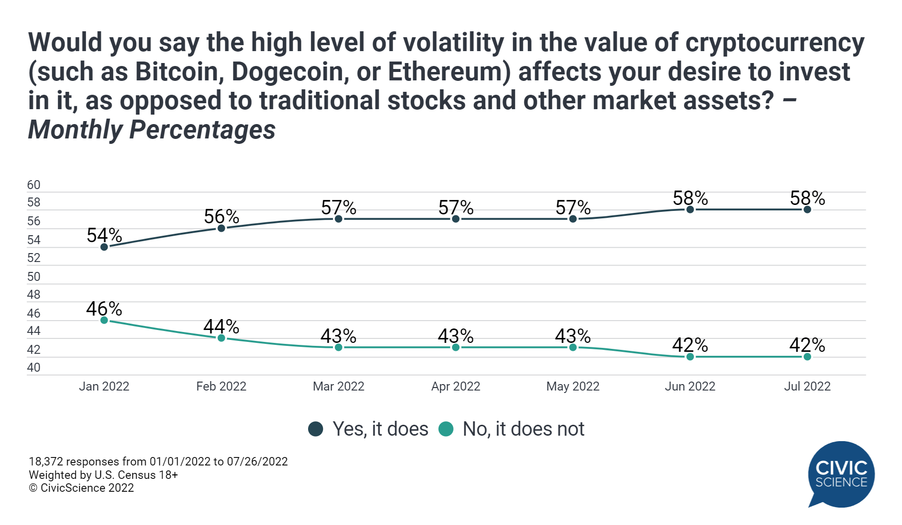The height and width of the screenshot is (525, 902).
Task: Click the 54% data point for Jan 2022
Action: (104, 247)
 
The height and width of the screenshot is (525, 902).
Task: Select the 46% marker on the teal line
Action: (104, 320)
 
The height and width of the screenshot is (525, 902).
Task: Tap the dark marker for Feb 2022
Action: (221, 228)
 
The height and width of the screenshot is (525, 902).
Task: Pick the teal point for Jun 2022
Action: (690, 357)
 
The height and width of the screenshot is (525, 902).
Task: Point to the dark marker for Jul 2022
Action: (807, 209)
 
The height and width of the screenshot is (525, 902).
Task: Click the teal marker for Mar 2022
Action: (338, 347)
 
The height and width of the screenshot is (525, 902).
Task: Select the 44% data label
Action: (221, 327)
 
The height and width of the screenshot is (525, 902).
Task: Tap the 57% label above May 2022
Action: (573, 207)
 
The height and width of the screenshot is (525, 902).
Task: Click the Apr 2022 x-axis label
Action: (455, 386)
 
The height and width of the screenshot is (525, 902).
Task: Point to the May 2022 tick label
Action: (573, 386)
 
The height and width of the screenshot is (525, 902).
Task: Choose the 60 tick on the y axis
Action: (34, 185)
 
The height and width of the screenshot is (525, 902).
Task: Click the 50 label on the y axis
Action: (34, 276)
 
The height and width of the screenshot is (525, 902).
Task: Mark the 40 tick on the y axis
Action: (34, 368)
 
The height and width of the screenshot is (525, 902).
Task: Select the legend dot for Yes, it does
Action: (316, 429)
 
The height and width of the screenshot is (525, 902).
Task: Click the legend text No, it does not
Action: (523, 429)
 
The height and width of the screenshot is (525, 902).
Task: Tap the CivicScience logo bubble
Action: (841, 474)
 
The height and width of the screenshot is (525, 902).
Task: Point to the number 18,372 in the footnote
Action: (46, 461)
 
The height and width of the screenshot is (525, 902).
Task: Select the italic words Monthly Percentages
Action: (152, 130)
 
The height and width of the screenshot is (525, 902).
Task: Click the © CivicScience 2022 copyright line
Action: (81, 488)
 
